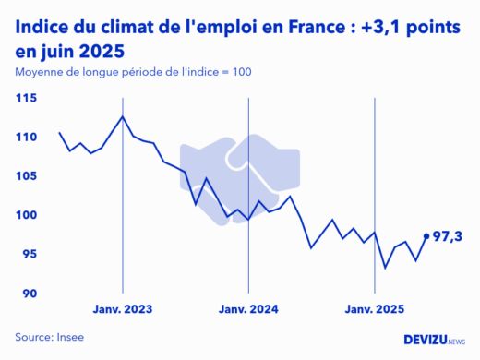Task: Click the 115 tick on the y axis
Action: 26,98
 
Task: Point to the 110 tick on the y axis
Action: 26,138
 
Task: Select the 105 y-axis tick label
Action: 26,176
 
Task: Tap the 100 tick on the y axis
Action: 26,215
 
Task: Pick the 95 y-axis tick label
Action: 28,255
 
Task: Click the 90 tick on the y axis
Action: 28,294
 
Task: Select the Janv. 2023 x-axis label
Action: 123,309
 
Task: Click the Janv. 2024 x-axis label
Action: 248,309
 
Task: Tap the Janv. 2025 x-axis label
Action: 374,309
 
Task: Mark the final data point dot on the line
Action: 426,236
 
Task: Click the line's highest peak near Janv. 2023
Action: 123,116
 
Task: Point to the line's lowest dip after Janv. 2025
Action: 385,268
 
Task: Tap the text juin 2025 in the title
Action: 81,50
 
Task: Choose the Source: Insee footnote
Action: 49,337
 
